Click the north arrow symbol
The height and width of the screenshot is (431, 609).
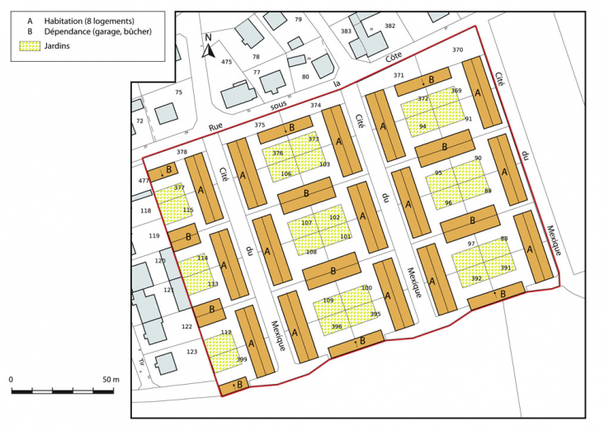[210, 50]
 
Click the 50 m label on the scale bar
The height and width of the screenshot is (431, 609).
[111, 379]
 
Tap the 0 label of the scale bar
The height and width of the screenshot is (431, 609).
[12, 379]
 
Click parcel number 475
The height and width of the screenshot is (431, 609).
[226, 62]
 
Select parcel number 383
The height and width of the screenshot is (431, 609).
[346, 31]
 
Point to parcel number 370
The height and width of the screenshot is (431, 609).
[457, 50]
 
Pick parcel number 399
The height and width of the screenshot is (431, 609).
[242, 359]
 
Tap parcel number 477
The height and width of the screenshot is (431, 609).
[144, 181]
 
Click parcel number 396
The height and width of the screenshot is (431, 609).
[336, 327]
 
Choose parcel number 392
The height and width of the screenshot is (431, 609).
[476, 279]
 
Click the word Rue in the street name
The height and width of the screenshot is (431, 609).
[216, 126]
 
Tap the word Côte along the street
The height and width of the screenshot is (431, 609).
[396, 57]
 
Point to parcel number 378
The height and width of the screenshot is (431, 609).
[182, 153]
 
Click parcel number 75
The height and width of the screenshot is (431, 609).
[178, 92]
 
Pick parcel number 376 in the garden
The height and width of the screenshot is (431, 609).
[277, 154]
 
